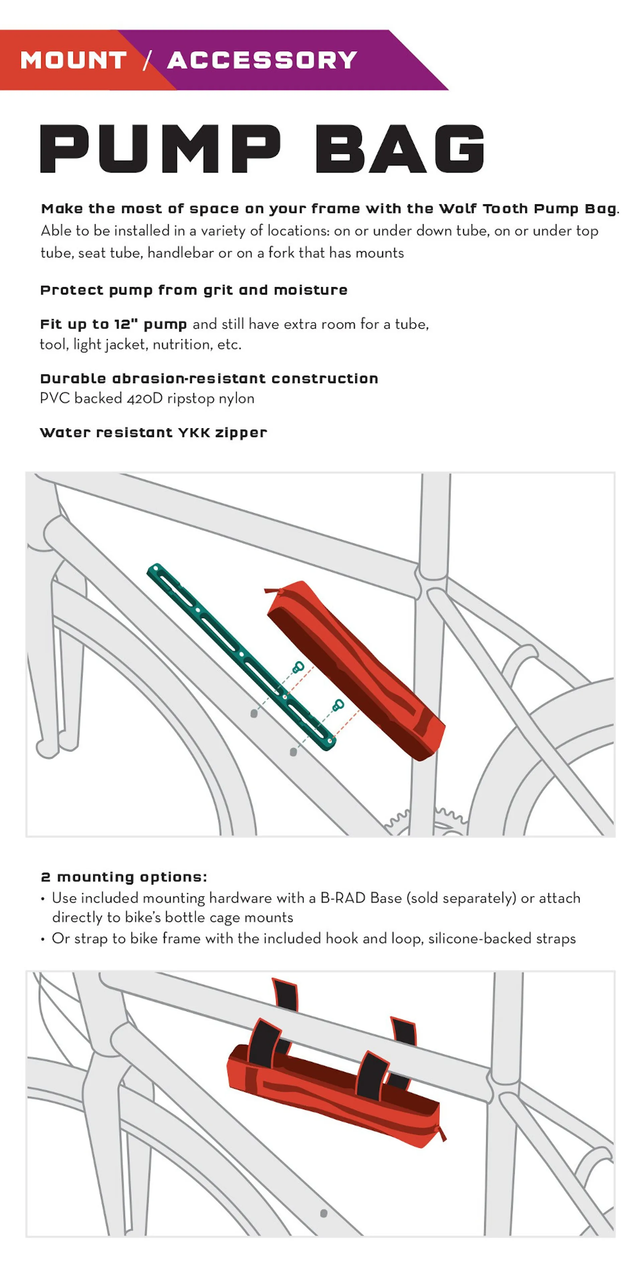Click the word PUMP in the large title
coord(160,148)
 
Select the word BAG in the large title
coord(400,148)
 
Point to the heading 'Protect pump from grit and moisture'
coord(194,291)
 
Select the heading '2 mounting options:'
coord(124,877)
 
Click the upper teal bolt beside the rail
coord(298,667)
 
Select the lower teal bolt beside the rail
coord(338,706)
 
